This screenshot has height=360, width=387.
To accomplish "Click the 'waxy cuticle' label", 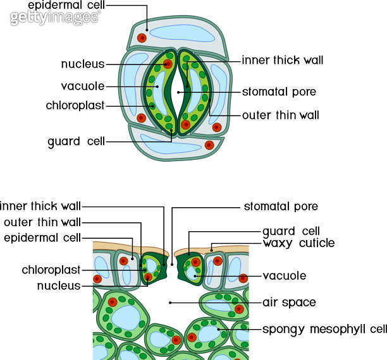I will click(298, 243).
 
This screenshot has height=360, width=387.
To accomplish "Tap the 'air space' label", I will click(290, 303).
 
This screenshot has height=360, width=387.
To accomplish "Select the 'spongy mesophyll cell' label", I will click(324, 329).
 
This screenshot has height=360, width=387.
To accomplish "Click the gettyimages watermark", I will click(54, 17).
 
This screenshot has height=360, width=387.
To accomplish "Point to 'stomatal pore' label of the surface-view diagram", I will click(279, 92).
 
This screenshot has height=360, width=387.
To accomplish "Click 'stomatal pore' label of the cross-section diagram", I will click(281, 207).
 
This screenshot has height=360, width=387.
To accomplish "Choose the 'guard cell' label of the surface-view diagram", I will click(77, 141).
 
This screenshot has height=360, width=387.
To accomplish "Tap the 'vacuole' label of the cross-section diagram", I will click(285, 276).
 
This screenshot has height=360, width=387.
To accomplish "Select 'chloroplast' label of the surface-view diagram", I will click(75, 105).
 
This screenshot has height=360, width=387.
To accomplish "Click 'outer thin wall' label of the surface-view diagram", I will click(281, 116).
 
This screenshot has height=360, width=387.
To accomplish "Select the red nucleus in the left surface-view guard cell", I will click(168, 64).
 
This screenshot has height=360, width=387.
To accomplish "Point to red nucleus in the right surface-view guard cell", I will click(185, 124).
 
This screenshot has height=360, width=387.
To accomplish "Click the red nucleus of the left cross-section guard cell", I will click(148, 276).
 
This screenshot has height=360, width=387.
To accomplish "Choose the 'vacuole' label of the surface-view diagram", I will click(83, 86).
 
